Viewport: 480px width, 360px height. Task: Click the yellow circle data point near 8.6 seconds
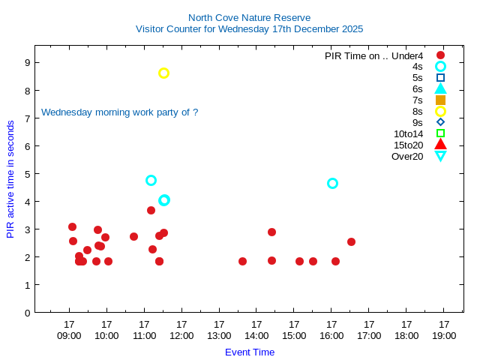pyautogui.click(x=163, y=73)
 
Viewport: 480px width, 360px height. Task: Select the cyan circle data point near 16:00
pyautogui.click(x=332, y=183)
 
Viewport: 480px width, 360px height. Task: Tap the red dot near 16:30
pyautogui.click(x=351, y=241)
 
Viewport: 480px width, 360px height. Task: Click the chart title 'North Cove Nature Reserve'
pyautogui.click(x=249, y=17)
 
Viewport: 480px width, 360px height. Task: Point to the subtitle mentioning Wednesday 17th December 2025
pyautogui.click(x=249, y=29)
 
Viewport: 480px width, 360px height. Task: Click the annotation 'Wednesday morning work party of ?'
pyautogui.click(x=119, y=112)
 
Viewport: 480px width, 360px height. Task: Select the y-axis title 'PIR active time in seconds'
pyautogui.click(x=10, y=178)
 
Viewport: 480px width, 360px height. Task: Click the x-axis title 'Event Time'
pyautogui.click(x=250, y=352)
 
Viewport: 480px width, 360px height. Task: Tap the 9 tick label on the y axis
pyautogui.click(x=26, y=62)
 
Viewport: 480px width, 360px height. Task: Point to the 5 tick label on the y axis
pyautogui.click(x=26, y=174)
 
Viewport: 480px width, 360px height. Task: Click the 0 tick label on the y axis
pyautogui.click(x=26, y=313)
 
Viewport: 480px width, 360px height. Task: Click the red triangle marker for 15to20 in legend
pyautogui.click(x=440, y=145)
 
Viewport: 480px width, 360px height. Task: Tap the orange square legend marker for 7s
pyautogui.click(x=440, y=100)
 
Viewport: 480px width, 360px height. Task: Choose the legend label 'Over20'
pyautogui.click(x=407, y=156)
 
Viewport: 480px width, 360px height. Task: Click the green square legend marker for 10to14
pyautogui.click(x=440, y=133)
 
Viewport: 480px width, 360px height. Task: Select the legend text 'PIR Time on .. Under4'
pyautogui.click(x=373, y=55)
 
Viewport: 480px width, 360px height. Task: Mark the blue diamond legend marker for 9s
pyautogui.click(x=440, y=122)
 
